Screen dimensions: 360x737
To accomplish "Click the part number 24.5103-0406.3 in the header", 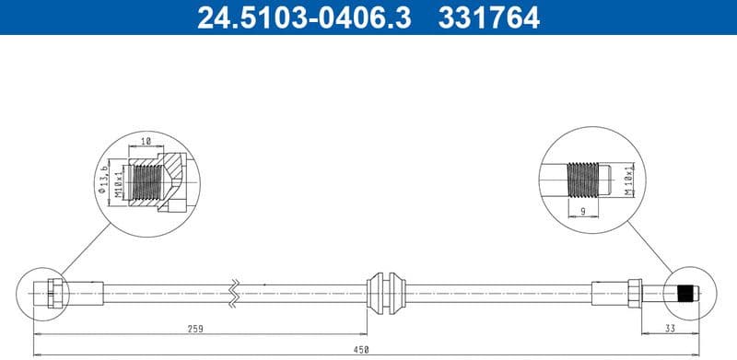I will pos(293,17).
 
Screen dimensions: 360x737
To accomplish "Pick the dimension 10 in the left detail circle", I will pos(146,143).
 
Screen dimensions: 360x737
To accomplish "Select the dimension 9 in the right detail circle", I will pos(584,212).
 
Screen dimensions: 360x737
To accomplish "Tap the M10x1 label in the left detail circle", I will pos(120,179).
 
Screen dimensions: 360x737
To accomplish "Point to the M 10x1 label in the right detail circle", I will pos(629,180).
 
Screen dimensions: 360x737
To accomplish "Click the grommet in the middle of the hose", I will pos(386,293).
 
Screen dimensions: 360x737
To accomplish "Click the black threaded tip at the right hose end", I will pos(684,294).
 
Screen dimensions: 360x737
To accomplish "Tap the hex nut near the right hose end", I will pos(635,293).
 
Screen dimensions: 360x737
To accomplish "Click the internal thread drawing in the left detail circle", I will pos(145,180).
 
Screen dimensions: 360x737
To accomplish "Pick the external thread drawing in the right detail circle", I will pos(579,180).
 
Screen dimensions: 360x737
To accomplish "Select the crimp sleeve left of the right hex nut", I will pos(609,293).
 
